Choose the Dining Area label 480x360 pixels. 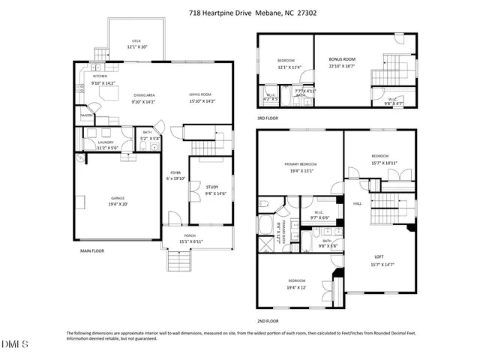click(144, 95)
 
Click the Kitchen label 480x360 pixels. click(100, 76)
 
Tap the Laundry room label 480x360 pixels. click(106, 142)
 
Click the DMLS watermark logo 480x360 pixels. click(13, 344)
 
